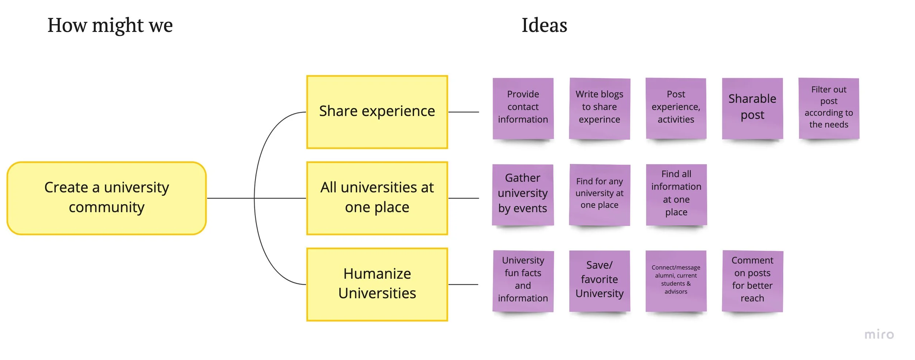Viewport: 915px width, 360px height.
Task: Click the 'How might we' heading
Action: [110, 26]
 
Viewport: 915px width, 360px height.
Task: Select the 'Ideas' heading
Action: [544, 26]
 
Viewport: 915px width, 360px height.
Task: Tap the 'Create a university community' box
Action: [107, 198]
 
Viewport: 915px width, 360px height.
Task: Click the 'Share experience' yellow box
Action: [377, 112]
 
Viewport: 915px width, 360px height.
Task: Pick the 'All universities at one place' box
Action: [377, 198]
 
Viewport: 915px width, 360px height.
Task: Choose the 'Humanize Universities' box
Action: [377, 284]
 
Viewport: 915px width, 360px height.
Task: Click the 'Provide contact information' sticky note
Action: [523, 108]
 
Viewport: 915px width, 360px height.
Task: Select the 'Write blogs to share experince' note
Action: [599, 108]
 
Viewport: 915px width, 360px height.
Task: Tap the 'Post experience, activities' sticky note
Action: [676, 108]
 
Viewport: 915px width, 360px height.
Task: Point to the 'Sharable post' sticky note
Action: [752, 108]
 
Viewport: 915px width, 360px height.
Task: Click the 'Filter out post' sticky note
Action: [829, 108]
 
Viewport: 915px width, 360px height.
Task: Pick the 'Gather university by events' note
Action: [523, 194]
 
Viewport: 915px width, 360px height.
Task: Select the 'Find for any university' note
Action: [599, 194]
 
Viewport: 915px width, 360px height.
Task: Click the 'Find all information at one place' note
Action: [676, 194]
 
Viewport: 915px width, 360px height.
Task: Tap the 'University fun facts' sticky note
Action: [523, 281]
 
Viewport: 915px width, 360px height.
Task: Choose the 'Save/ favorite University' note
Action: [599, 281]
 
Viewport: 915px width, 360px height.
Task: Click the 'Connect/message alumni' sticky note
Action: [676, 281]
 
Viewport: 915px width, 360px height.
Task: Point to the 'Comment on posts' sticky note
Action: [752, 281]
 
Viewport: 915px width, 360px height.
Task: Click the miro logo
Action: [879, 334]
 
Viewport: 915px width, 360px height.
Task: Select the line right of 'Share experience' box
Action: [463, 112]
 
